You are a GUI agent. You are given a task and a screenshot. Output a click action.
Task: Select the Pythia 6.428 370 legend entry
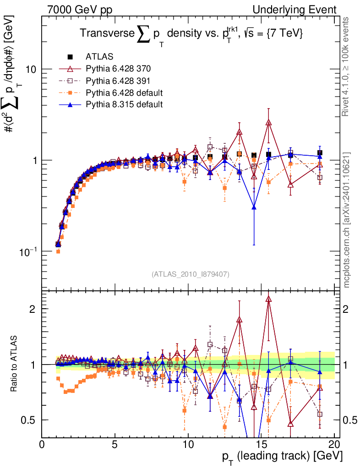[118, 69]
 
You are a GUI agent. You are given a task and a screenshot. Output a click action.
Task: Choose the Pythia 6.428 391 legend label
[118, 81]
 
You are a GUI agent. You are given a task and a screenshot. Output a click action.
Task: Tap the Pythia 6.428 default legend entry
[124, 93]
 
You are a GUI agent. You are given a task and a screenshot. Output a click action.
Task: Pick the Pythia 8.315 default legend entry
[124, 104]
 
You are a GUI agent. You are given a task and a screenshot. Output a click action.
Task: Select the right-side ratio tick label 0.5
[349, 420]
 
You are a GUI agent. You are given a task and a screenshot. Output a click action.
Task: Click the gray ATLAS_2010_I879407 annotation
[190, 274]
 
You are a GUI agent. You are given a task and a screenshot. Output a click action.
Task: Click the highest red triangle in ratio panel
[268, 299]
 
